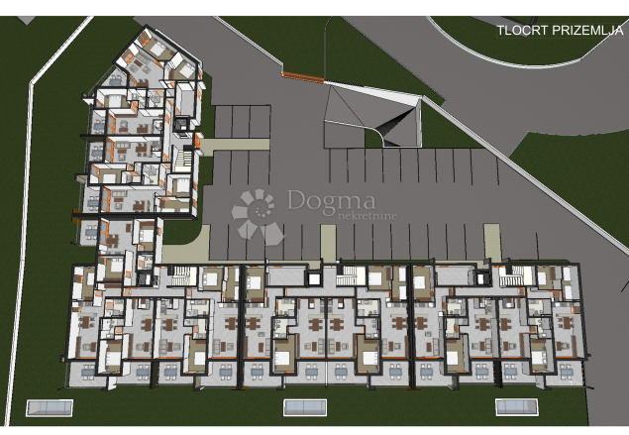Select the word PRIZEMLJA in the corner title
tap(588, 30)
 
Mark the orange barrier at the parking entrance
tap(303, 75)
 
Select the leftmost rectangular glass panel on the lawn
tap(50, 406)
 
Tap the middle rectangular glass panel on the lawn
tap(305, 406)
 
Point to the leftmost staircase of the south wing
tap(178, 278)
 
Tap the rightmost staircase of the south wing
tap(512, 277)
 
